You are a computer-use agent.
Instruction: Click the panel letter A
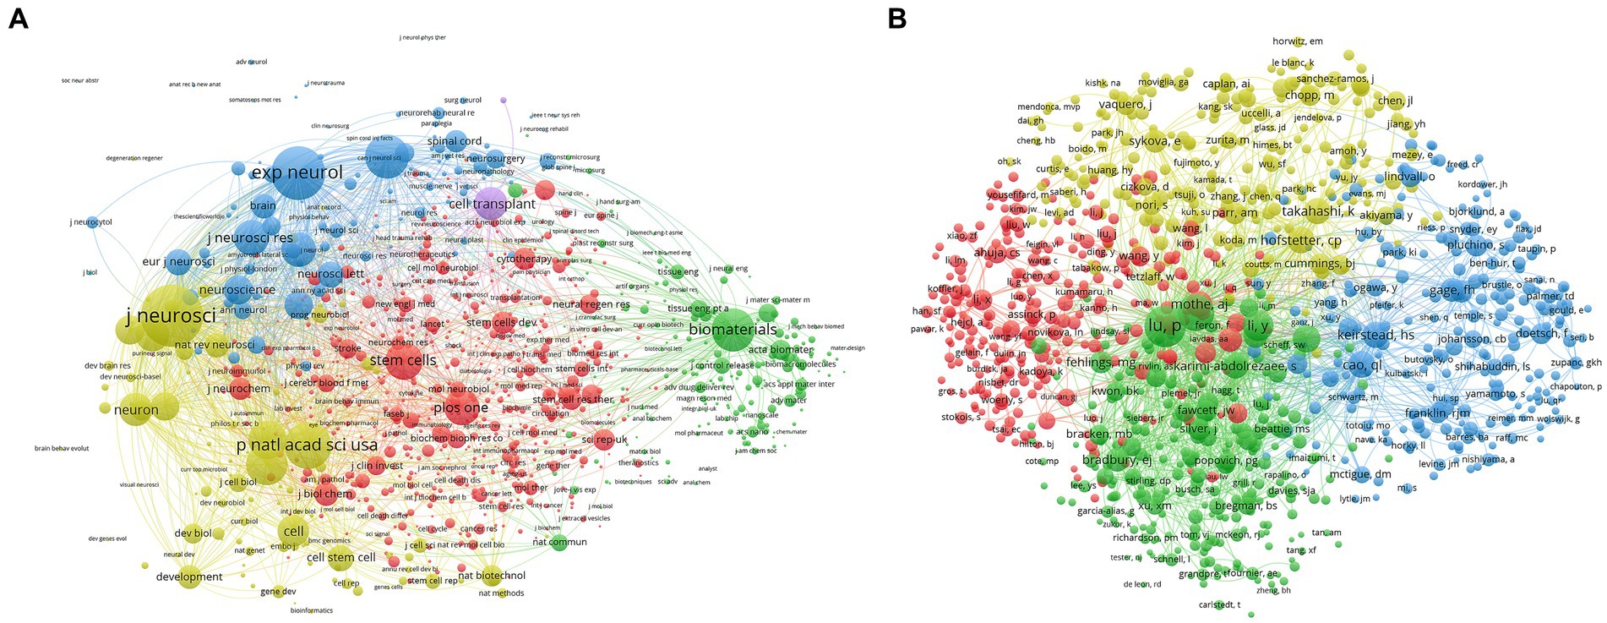(18, 19)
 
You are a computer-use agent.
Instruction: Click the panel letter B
(897, 19)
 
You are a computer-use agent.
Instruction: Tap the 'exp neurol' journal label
(297, 172)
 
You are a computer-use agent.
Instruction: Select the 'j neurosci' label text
(171, 316)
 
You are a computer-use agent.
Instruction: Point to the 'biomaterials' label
(733, 329)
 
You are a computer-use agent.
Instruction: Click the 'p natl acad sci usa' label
(307, 445)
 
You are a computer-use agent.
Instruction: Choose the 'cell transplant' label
(492, 204)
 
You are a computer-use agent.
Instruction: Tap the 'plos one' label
(460, 407)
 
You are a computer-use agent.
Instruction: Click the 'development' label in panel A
(189, 577)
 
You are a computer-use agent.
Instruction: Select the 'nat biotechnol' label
(491, 576)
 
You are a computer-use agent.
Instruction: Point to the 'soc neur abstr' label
(80, 81)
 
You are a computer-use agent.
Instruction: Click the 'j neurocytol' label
(90, 222)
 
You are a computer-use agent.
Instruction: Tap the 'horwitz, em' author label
(1297, 41)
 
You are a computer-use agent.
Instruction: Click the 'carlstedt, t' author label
(1219, 604)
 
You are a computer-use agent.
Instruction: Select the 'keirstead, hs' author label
(1375, 335)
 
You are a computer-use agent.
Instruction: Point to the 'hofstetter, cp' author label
(1300, 240)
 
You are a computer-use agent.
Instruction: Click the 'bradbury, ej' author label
(1116, 460)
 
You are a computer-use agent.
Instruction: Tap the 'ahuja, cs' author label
(996, 253)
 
